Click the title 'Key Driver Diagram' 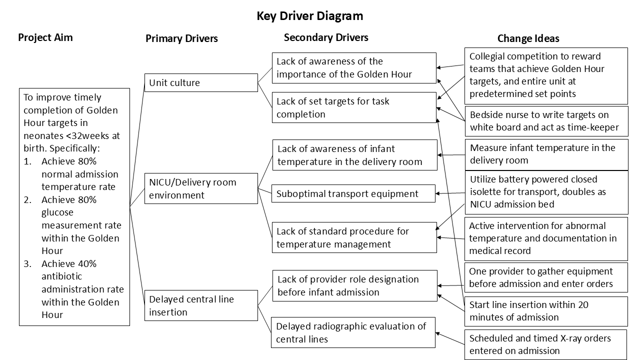tap(309, 16)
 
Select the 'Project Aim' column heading tap(45, 37)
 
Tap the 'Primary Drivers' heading tap(181, 38)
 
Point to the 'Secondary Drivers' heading tap(326, 37)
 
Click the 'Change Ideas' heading tap(528, 38)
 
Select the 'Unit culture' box tap(201, 83)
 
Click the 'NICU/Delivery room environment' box tap(201, 188)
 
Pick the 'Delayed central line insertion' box tap(201, 305)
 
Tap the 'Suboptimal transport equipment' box tap(353, 193)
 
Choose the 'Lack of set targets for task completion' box tap(354, 107)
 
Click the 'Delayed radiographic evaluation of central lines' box tap(353, 332)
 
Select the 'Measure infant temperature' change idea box tap(546, 154)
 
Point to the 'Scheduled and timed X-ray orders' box tap(545, 344)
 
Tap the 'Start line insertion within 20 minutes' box tap(546, 311)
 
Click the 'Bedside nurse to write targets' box tap(546, 121)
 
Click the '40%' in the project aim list tap(87, 263)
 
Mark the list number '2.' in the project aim tap(27, 199)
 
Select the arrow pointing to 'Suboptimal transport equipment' tap(450, 193)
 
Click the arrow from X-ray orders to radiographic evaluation tap(450, 338)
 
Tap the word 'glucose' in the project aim tap(57, 212)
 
